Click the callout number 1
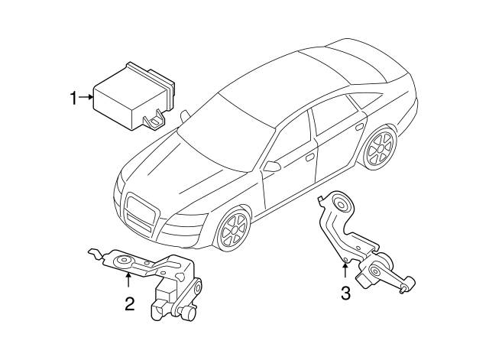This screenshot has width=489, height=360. (74, 97)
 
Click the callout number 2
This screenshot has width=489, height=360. (129, 304)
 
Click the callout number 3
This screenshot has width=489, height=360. (345, 293)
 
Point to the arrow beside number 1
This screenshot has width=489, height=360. (86, 97)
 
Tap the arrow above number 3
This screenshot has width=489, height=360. (345, 268)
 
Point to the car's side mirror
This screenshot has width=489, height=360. (273, 165)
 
